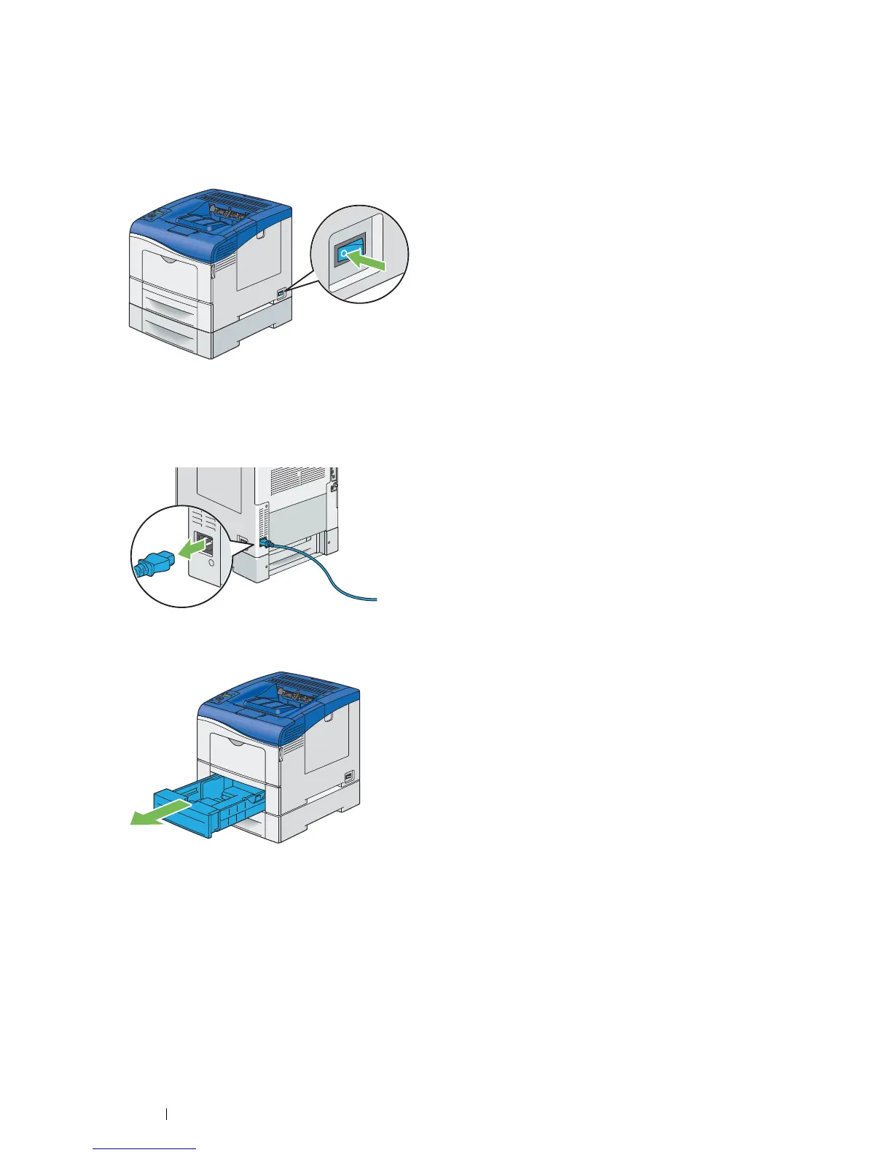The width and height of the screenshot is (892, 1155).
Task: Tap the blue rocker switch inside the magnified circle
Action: pyautogui.click(x=348, y=252)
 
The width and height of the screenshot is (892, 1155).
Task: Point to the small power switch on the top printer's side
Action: pyautogui.click(x=281, y=293)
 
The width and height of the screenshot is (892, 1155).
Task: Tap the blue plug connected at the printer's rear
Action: pyautogui.click(x=265, y=543)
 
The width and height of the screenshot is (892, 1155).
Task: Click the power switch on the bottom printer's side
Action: pyautogui.click(x=348, y=777)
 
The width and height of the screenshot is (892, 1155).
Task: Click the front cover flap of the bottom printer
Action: pyautogui.click(x=238, y=750)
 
